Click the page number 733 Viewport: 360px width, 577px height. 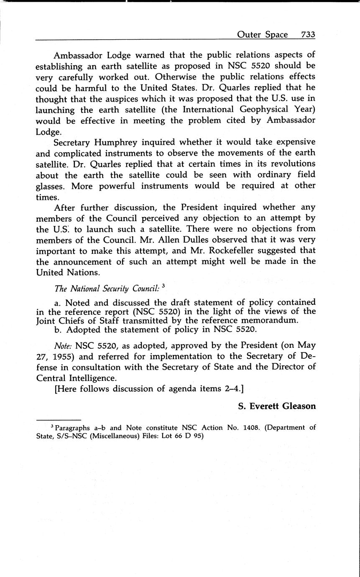pos(308,34)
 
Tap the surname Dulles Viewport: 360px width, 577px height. pos(213,240)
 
